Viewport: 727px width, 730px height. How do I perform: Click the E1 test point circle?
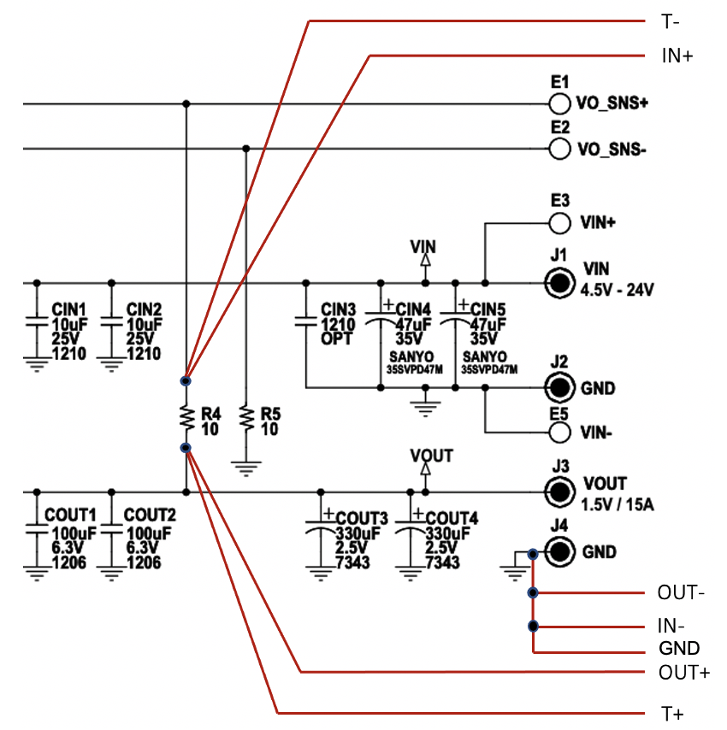[559, 104]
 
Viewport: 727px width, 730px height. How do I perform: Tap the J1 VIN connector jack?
[559, 283]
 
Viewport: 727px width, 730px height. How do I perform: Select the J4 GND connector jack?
[559, 551]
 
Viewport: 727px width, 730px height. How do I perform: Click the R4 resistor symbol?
[186, 417]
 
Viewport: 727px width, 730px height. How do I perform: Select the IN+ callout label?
[676, 56]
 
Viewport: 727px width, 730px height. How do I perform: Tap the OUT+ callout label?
[683, 672]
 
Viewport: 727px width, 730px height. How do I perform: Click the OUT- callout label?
[681, 592]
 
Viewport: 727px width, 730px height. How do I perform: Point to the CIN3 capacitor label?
[338, 309]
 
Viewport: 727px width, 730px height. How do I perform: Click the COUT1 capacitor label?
[69, 515]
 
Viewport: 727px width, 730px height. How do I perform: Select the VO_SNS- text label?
[612, 150]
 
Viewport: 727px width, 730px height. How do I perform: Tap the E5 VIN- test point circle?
[559, 432]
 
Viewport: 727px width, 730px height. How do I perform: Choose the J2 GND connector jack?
[559, 388]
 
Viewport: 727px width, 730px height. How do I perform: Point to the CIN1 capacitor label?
[69, 308]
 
